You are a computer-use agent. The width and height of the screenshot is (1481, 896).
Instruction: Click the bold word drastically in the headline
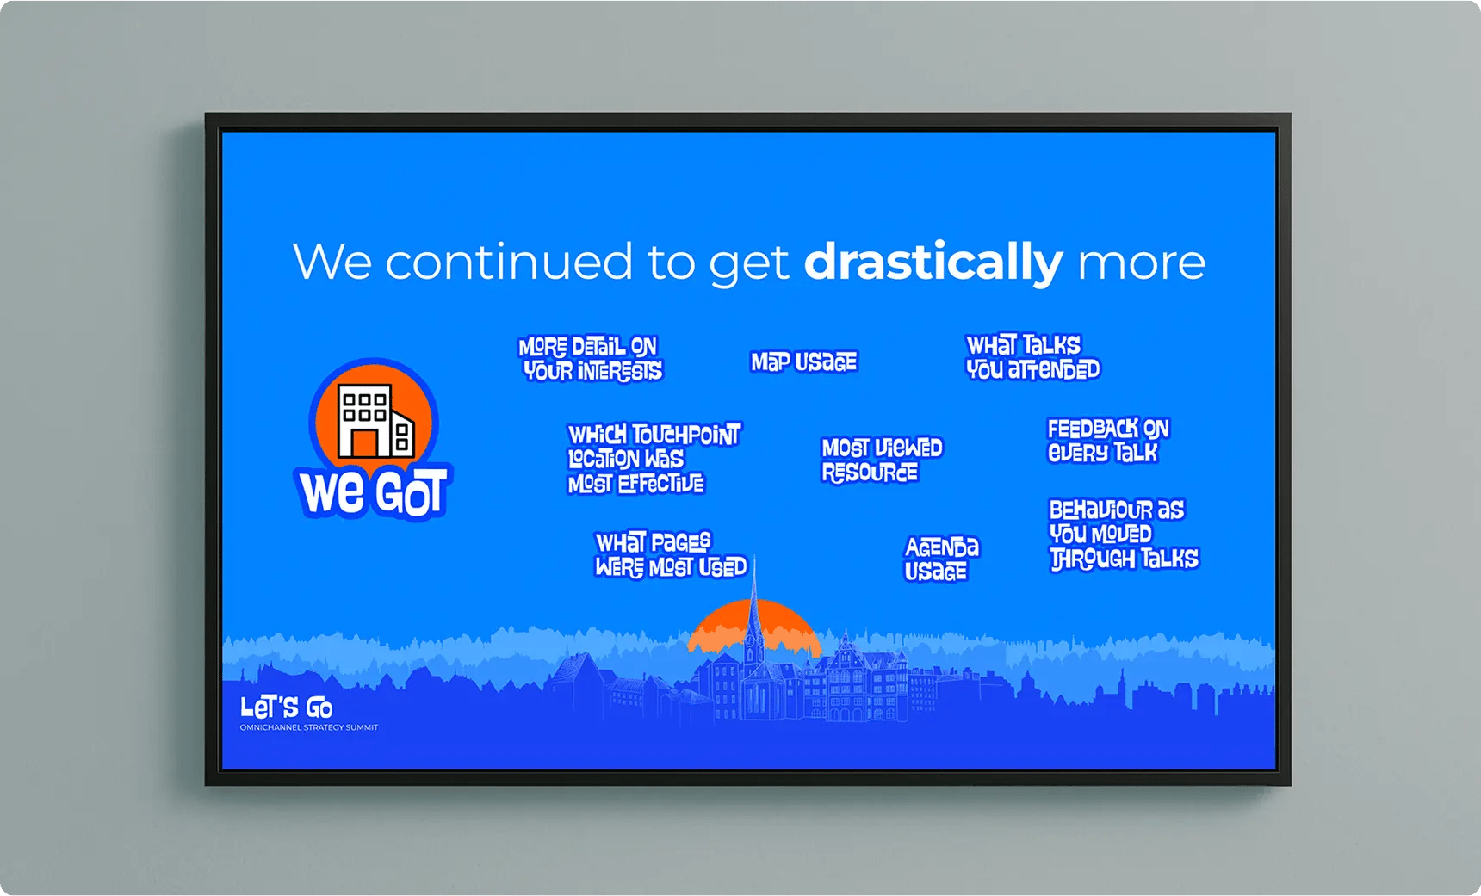(x=933, y=262)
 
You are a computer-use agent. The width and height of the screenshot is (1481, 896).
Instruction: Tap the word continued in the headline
(x=509, y=262)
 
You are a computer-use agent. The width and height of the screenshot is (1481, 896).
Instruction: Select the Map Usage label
(x=804, y=361)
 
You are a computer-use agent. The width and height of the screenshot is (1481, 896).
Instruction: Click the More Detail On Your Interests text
(x=592, y=359)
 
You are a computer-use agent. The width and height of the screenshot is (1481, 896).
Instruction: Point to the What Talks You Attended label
(x=1032, y=357)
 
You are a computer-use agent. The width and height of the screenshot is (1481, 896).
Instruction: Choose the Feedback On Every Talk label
(x=1108, y=441)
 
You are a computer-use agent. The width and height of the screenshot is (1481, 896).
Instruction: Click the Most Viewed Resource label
(x=882, y=460)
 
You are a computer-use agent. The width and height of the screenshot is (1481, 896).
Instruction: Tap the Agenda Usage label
(x=941, y=559)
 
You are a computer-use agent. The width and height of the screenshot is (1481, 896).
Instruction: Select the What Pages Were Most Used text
(x=671, y=555)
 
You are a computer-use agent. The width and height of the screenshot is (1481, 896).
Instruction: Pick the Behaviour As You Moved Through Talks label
(x=1124, y=535)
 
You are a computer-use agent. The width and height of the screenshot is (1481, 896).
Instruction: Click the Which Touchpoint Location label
(x=654, y=459)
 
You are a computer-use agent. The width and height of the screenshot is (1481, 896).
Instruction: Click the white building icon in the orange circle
(x=375, y=421)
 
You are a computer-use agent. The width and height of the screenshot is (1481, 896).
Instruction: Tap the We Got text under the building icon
(x=374, y=492)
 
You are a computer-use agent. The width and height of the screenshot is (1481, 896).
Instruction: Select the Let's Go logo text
(x=287, y=708)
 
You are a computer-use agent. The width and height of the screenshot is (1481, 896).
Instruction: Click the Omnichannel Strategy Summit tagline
(x=309, y=728)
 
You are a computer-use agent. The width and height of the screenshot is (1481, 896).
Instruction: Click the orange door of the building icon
(x=364, y=442)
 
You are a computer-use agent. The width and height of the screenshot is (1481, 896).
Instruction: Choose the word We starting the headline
(x=332, y=262)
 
